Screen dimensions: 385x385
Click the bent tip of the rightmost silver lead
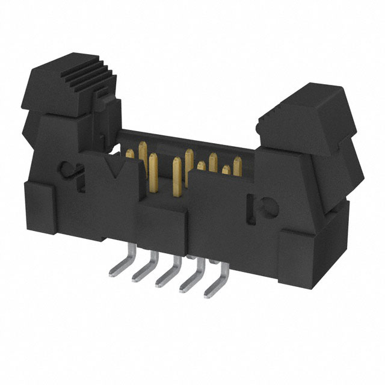pos(207,294)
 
